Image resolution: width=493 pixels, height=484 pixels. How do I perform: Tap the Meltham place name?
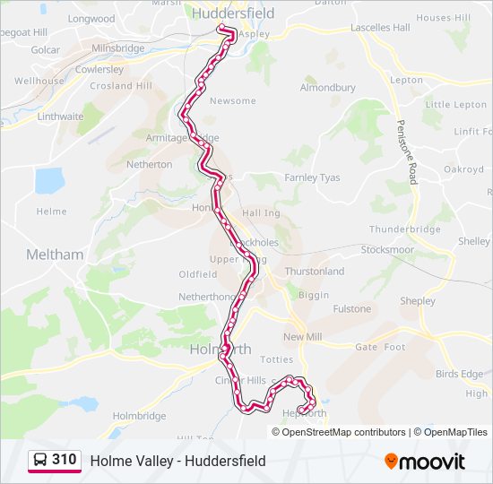55,255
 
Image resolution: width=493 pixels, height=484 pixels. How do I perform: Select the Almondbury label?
327,88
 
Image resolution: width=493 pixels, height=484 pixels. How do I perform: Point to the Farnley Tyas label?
312,177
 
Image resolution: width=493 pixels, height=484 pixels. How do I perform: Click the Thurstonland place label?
314,271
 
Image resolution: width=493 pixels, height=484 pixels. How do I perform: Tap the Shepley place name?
418,301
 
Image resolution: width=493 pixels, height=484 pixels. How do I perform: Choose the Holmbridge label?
139,416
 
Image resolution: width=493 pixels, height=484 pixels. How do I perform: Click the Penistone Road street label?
408,152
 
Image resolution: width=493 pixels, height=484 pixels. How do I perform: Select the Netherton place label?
149,165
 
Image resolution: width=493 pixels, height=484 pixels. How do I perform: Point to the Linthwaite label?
60,117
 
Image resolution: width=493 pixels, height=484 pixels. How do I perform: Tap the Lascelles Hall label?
380,28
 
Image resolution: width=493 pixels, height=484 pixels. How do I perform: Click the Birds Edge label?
459,374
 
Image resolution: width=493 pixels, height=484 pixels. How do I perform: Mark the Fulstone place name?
351,309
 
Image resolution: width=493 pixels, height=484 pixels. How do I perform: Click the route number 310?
64,460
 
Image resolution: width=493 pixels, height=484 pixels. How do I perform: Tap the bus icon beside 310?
40,461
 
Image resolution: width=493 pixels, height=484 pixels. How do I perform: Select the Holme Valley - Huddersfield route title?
177,462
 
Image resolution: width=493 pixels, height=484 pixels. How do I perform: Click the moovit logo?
425,462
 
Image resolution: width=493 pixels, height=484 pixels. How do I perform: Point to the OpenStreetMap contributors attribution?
343,432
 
